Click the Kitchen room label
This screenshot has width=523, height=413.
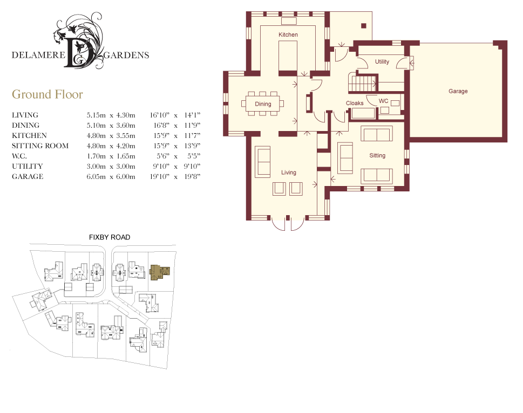tap(288, 35)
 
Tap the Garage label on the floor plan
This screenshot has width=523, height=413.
tap(458, 91)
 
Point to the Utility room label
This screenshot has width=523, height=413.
tap(382, 61)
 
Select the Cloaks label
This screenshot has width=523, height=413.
tap(355, 104)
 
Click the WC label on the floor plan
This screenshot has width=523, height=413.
tap(384, 101)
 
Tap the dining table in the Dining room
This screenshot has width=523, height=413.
tap(263, 104)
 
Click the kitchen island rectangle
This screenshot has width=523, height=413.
tap(288, 56)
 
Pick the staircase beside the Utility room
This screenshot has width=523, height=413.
tap(363, 82)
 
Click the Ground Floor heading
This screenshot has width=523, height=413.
tap(47, 94)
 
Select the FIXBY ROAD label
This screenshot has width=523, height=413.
tap(110, 237)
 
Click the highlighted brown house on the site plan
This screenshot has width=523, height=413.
tap(159, 272)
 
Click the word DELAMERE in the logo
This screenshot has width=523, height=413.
tap(38, 55)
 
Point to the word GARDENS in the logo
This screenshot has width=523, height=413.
tap(126, 56)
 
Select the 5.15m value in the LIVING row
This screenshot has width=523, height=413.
tap(96, 115)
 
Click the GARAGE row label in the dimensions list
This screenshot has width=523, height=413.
tap(28, 176)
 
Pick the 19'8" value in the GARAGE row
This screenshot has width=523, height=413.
tap(193, 176)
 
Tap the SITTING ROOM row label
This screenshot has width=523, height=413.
tap(40, 146)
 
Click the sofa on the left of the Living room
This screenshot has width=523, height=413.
tap(263, 162)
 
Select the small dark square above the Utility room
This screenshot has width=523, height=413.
tap(364, 26)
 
